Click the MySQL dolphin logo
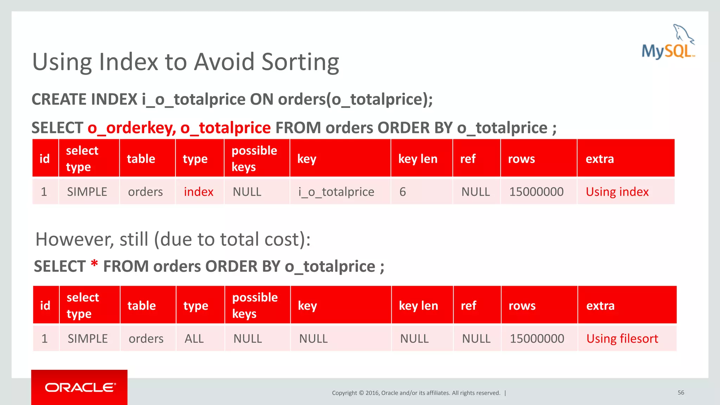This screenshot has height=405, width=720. click(x=668, y=42)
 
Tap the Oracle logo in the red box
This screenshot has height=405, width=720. click(x=80, y=387)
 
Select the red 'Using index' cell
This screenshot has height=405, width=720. click(x=617, y=192)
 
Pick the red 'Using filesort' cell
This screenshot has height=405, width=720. click(x=622, y=339)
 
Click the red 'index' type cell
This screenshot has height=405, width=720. click(x=199, y=192)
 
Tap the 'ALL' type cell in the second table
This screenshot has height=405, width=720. click(x=194, y=339)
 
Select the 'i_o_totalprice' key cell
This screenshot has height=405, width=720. click(x=336, y=192)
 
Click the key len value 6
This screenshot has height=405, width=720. click(x=403, y=192)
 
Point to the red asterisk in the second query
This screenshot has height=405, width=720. click(x=94, y=264)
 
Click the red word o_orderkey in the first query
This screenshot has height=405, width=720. click(x=131, y=128)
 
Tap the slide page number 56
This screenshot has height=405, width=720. click(x=681, y=392)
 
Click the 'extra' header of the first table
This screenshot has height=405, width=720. click(x=600, y=159)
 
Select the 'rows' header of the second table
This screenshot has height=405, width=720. click(x=522, y=306)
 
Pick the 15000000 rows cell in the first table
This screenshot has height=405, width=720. click(x=536, y=192)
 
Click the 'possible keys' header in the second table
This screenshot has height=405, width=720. click(x=255, y=305)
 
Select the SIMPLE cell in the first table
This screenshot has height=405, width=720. click(x=87, y=192)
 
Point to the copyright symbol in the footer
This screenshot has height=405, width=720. click(x=361, y=393)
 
